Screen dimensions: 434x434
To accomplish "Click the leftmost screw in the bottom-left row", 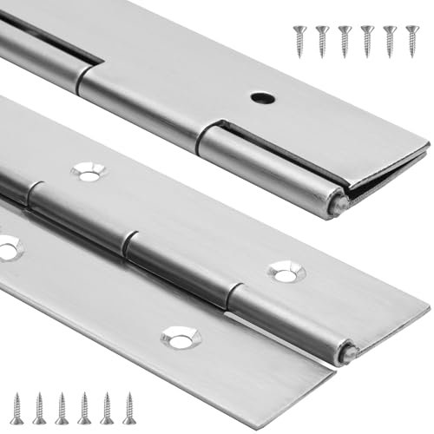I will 16,407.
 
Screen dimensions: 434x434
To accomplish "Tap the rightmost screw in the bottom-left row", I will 128,407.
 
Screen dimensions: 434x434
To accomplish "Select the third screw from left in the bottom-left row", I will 62,407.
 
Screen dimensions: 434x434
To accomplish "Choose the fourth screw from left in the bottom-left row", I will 84,407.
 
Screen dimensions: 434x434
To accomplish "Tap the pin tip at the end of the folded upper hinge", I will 340,204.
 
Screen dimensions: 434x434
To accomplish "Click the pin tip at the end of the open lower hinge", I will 349,352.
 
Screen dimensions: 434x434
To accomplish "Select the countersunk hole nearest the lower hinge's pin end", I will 286,273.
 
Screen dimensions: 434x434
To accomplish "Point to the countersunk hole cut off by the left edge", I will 7,247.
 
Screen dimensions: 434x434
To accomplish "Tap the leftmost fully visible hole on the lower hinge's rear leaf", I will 88,172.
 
